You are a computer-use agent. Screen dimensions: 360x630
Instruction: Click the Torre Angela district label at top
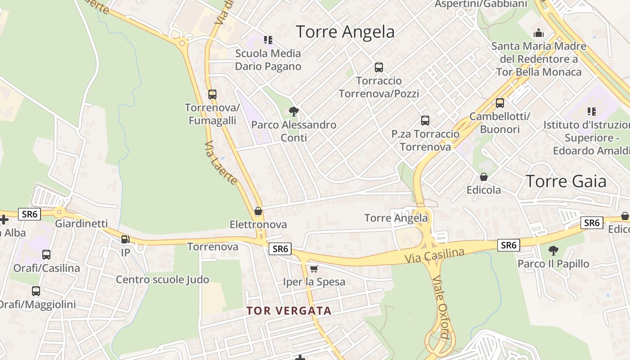(x=345, y=31)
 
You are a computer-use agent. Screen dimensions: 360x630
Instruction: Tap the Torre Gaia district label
(x=566, y=181)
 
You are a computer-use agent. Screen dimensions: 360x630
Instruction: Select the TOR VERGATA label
(x=288, y=310)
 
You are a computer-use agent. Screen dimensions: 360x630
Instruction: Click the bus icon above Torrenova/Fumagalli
(x=212, y=94)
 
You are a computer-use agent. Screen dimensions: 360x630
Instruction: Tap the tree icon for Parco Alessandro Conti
(x=293, y=111)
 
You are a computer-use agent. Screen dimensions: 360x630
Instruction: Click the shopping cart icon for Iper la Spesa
(x=314, y=269)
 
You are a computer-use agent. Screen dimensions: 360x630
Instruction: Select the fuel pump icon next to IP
(x=125, y=239)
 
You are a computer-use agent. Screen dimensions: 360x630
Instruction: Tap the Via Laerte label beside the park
(x=220, y=163)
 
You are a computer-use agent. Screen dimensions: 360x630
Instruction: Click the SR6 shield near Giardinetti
(x=30, y=214)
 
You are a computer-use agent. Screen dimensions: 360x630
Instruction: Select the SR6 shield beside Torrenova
(x=279, y=248)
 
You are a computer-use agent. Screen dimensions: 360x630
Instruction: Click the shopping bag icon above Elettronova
(x=258, y=211)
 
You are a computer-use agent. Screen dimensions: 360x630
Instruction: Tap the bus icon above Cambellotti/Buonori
(x=499, y=103)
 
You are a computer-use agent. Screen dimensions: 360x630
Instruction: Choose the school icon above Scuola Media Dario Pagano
(x=268, y=40)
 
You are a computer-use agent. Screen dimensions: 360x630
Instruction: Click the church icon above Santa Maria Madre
(x=538, y=33)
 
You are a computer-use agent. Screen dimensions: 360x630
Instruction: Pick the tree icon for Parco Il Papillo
(x=553, y=250)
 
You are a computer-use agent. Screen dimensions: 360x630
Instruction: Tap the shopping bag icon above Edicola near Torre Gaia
(x=483, y=177)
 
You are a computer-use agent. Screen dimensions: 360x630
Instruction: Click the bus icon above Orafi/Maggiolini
(x=36, y=291)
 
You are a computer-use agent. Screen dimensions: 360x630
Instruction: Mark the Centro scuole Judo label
(x=162, y=279)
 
